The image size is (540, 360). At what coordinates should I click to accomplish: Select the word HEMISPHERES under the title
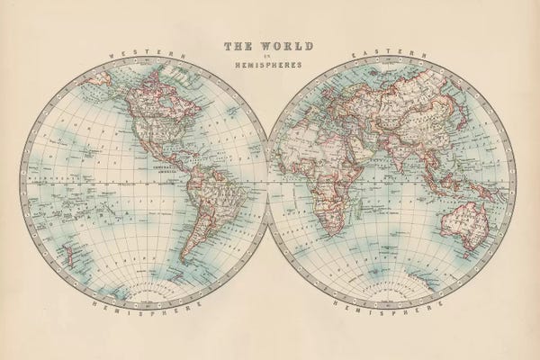pyautogui.click(x=269, y=66)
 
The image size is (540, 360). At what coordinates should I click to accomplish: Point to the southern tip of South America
pyautogui.click(x=184, y=262)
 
